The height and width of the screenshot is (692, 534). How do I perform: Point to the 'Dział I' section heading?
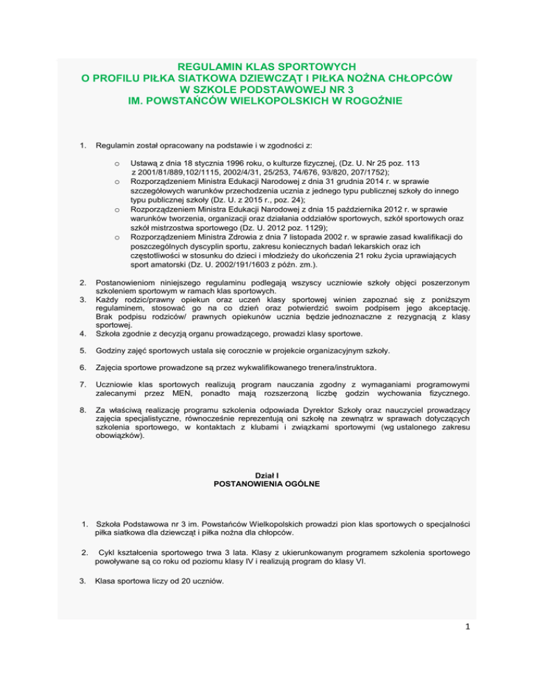[267, 475]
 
